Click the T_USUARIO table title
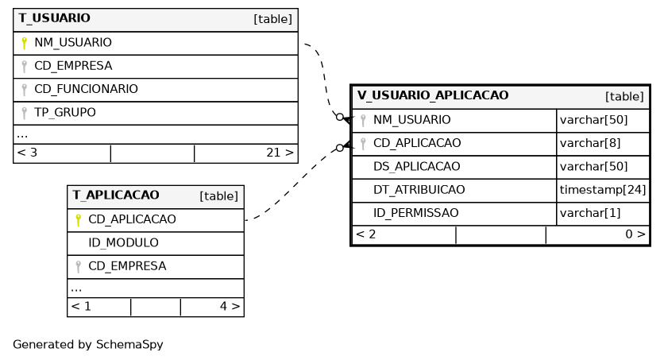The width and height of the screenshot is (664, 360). (54, 18)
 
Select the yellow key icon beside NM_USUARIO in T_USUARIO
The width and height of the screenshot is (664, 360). (24, 43)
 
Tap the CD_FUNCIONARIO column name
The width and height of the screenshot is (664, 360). (86, 89)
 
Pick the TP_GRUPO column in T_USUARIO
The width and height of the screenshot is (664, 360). (65, 112)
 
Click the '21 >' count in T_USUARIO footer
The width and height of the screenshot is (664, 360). (280, 153)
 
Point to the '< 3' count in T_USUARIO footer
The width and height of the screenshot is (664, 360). (27, 153)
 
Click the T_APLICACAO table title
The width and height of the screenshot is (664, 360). (116, 195)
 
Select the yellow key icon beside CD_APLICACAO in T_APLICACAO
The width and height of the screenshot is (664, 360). (78, 220)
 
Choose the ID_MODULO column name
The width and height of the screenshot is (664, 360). (123, 242)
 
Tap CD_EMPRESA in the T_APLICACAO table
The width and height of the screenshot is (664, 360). (127, 266)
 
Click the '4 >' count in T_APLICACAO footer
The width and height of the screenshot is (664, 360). (230, 306)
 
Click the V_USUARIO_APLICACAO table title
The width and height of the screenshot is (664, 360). (432, 95)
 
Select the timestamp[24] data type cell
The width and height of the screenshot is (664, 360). (603, 190)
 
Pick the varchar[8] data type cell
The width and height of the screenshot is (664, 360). (590, 143)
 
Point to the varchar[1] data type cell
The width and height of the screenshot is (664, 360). (590, 213)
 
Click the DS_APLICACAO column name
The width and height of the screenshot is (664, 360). (416, 166)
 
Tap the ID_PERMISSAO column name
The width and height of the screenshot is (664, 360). (415, 213)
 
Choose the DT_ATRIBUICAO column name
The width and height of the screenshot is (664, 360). (419, 190)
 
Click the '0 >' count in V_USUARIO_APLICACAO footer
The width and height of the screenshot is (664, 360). (635, 234)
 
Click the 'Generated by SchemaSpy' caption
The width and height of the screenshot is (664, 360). (87, 344)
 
